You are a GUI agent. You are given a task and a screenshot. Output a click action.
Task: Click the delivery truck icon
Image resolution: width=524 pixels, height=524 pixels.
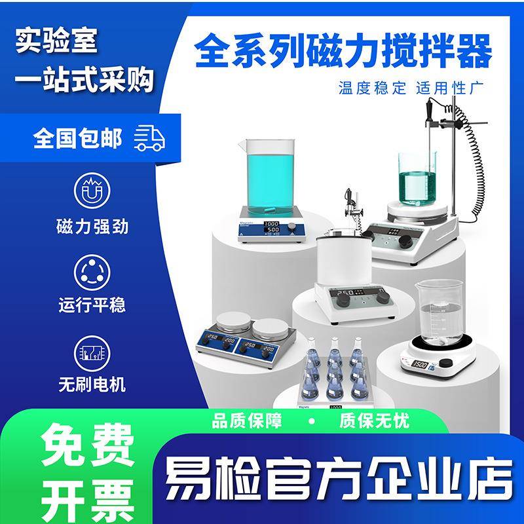149,138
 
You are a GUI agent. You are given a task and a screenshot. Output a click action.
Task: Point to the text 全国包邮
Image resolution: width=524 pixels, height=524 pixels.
77,139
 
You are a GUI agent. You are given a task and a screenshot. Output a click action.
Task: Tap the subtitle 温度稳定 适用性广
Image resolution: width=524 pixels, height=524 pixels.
410,87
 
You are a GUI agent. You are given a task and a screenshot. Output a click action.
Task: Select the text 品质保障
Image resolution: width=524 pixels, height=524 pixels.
246,421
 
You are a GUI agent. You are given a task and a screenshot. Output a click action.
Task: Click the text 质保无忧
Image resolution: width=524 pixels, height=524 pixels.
374,421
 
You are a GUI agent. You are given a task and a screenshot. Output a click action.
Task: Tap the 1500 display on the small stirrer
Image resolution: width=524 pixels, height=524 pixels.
419,364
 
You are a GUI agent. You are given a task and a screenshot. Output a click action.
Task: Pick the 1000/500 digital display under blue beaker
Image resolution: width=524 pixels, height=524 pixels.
272,227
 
